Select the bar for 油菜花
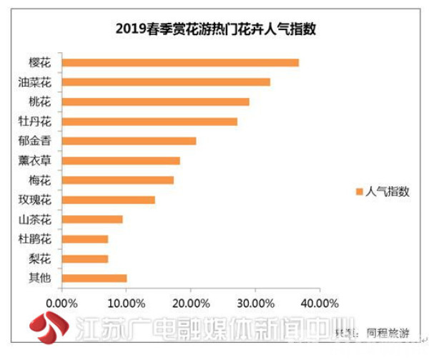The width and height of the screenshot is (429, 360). pyautogui.click(x=166, y=82)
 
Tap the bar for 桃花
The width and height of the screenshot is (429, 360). pyautogui.click(x=156, y=102)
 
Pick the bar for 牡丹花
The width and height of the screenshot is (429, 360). pyautogui.click(x=149, y=122)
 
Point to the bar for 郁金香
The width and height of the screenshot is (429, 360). pyautogui.click(x=129, y=141)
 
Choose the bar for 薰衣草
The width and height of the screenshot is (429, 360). pyautogui.click(x=121, y=160)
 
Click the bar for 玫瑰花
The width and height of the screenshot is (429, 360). pyautogui.click(x=109, y=200)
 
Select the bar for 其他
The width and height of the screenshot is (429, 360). pyautogui.click(x=94, y=278)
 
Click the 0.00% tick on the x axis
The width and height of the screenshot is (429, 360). pyautogui.click(x=62, y=303)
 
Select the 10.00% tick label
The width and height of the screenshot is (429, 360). pyautogui.click(x=126, y=303)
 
